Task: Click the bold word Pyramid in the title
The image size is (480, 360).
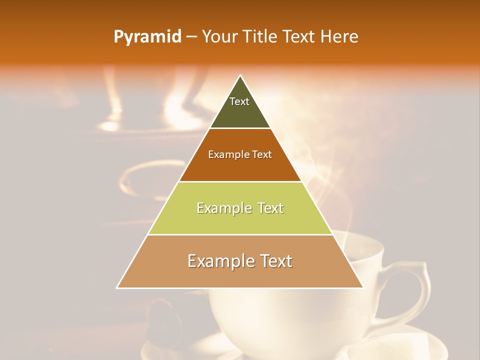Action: pyautogui.click(x=147, y=36)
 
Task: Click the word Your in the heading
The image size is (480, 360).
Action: pyautogui.click(x=218, y=36)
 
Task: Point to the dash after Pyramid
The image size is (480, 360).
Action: pyautogui.click(x=191, y=37)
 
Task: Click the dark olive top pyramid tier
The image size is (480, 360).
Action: pyautogui.click(x=240, y=115)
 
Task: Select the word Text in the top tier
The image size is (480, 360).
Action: pyautogui.click(x=239, y=101)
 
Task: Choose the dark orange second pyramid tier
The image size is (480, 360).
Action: pyautogui.click(x=240, y=167)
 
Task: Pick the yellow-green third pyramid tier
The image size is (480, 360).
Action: pyautogui.click(x=240, y=222)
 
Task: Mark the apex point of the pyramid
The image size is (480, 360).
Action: pyautogui.click(x=240, y=75)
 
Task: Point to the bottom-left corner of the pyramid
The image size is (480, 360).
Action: pyautogui.click(x=117, y=287)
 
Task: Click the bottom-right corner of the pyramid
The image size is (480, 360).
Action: pyautogui.click(x=363, y=287)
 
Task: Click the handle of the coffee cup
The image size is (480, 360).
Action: pyautogui.click(x=415, y=290)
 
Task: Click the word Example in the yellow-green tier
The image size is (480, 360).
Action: pyautogui.click(x=223, y=208)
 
